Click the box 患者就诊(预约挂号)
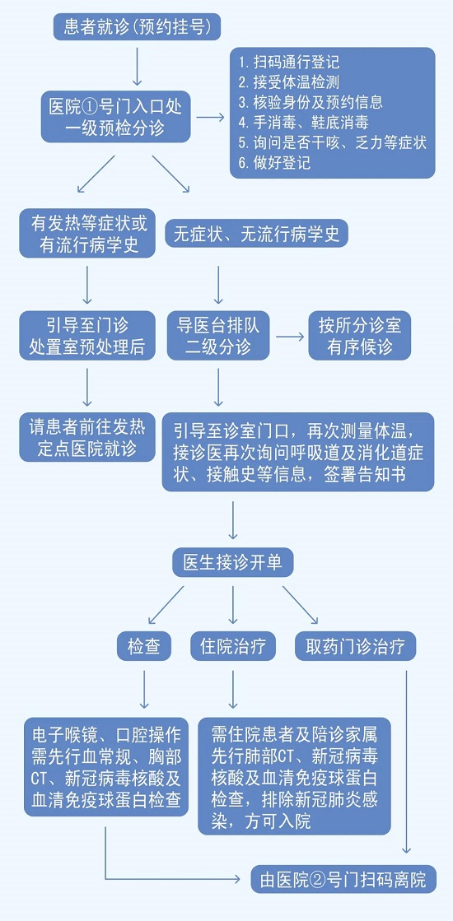tap(138, 27)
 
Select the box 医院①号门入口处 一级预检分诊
tap(115, 116)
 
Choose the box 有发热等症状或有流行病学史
tap(89, 234)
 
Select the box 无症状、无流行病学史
tap(256, 234)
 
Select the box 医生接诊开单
tap(233, 562)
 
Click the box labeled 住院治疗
tap(233, 646)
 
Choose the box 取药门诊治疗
tap(356, 646)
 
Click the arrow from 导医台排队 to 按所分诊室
tap(289, 337)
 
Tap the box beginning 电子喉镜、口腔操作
tap(108, 766)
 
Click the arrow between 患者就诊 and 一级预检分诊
tap(138, 64)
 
